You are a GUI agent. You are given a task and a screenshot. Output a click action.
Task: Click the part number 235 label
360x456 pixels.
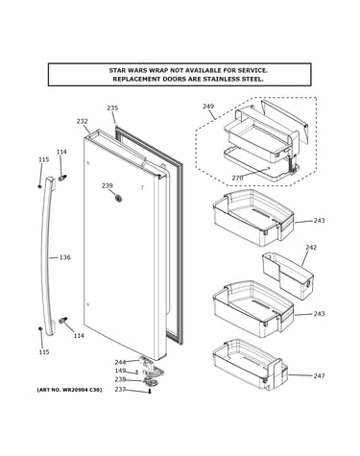(112, 108)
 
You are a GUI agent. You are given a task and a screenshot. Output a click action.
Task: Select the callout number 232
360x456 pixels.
(83, 121)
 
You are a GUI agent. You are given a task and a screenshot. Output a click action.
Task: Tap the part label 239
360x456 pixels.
(108, 185)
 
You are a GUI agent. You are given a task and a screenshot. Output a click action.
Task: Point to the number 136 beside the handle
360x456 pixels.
(65, 257)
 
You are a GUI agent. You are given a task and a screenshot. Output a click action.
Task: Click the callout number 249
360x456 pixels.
(208, 107)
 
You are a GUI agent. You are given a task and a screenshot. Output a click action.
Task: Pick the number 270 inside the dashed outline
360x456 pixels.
(237, 178)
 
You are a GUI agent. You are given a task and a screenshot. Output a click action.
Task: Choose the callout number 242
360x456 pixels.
(311, 247)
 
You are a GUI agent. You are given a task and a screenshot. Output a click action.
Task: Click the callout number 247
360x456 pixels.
(319, 376)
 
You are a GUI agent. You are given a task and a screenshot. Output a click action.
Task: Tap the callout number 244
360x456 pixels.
(120, 362)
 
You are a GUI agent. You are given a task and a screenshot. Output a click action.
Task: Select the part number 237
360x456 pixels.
(120, 389)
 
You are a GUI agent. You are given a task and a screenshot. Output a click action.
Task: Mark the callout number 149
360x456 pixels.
(120, 371)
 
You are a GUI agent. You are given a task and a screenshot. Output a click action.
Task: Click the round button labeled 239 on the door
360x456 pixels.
(119, 199)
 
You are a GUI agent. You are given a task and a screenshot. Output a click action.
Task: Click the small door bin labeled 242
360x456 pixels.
(288, 276)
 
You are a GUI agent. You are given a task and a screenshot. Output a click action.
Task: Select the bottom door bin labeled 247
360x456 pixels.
(251, 365)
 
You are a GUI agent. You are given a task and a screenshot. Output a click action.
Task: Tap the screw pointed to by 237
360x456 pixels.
(150, 391)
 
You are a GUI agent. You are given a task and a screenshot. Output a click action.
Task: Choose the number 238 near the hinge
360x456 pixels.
(120, 379)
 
